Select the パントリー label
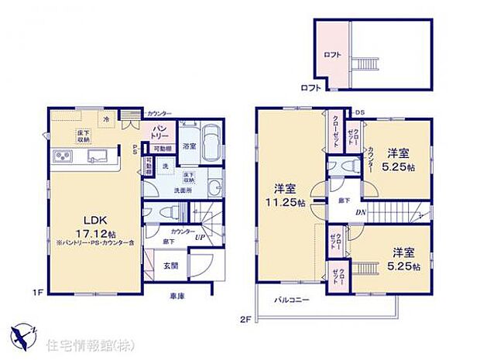pos(159,129)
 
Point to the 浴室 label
pos(189,145)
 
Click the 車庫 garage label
pos(177,296)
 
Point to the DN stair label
pos(359,214)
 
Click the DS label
pos(359,113)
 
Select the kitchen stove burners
pos(61,158)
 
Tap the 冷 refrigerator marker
pos(106,119)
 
